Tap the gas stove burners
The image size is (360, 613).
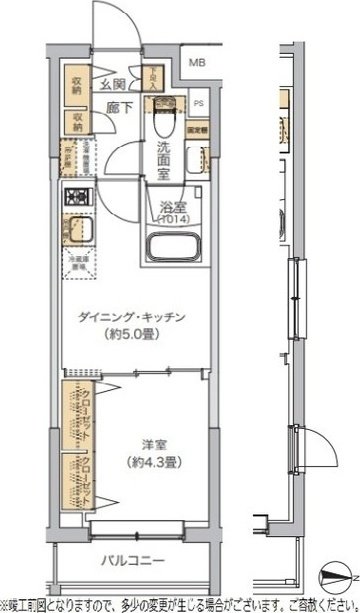point(76,197)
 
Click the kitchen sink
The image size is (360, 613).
point(77,236)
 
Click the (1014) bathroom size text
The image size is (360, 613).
point(172,222)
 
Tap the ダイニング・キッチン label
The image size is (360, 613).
point(137,317)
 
